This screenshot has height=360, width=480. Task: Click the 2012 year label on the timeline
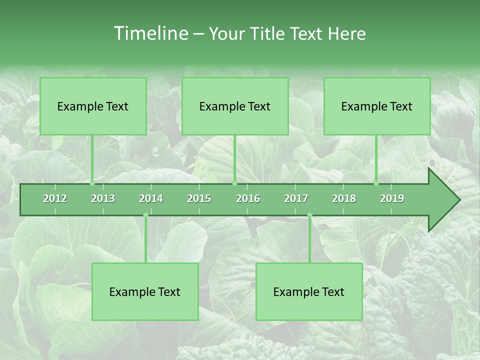coord(55,198)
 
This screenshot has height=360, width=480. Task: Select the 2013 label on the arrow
coord(103,198)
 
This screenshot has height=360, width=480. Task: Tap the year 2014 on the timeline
coord(151,198)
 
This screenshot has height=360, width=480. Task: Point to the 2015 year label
coord(199,198)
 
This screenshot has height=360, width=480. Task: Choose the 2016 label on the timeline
coord(248,198)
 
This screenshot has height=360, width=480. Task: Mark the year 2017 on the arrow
coord(296,198)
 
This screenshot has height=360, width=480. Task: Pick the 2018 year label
coord(344,198)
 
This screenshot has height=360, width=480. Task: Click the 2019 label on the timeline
coord(392,198)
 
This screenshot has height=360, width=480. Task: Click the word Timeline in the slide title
coord(150,33)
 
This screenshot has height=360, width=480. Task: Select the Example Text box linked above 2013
coord(93,106)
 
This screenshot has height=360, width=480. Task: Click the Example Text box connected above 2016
coord(235,106)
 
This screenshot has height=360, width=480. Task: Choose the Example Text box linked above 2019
coord(377,106)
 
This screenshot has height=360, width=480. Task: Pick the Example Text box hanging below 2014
coord(145,291)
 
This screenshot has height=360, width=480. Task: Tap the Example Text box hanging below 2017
coord(309,291)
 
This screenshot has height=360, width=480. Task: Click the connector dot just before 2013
coord(92,183)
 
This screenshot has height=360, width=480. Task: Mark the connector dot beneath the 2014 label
coord(145,215)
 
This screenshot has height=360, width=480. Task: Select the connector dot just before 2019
coord(376,183)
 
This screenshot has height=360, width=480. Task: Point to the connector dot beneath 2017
coord(309,215)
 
